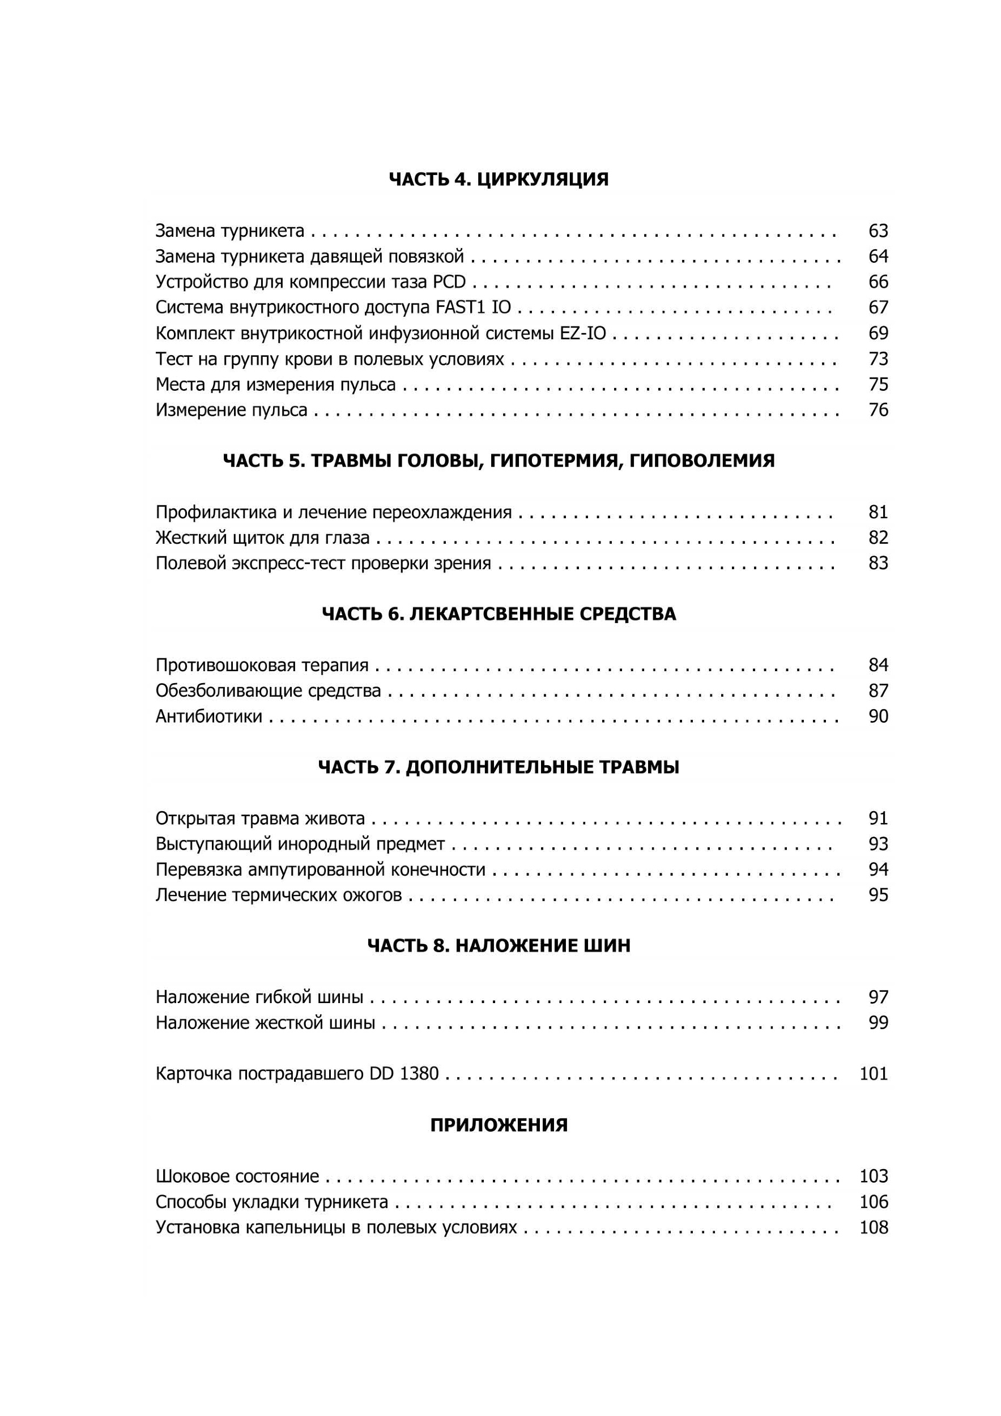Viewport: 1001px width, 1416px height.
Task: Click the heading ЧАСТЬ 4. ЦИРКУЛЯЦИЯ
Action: (x=499, y=180)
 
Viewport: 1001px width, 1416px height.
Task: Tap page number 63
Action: (x=878, y=231)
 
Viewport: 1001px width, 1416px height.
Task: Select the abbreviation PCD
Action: (x=449, y=283)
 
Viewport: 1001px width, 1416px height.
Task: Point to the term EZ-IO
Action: (x=582, y=334)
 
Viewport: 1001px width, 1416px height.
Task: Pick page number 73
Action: (x=878, y=359)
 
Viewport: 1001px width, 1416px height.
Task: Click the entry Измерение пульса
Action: (x=231, y=411)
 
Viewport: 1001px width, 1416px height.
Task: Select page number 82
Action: (x=878, y=538)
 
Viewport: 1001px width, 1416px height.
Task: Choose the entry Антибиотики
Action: (x=208, y=716)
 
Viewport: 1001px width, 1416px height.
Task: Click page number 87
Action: (x=878, y=691)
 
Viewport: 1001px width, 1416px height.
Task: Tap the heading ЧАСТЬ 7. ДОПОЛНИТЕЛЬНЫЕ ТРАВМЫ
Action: (x=499, y=767)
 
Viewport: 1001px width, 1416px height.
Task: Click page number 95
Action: (x=878, y=895)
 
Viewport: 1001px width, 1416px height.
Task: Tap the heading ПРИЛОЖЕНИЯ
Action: (x=499, y=1125)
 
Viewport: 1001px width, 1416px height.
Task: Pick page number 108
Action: (x=874, y=1227)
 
